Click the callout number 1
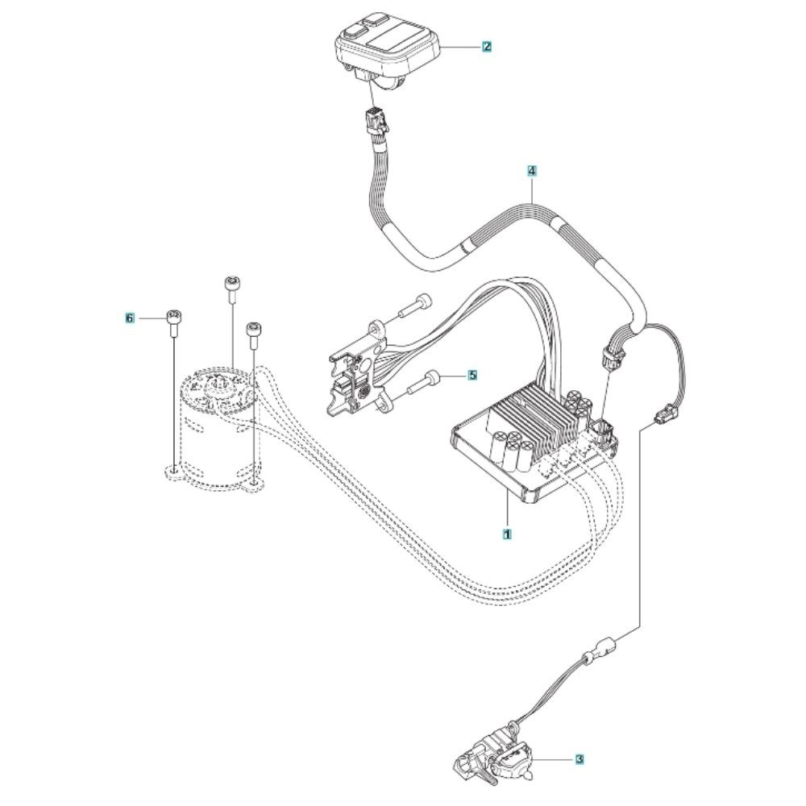(x=507, y=534)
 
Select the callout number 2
(x=487, y=47)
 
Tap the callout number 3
(x=580, y=758)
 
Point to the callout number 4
(x=532, y=171)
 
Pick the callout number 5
(x=472, y=376)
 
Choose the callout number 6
(x=130, y=318)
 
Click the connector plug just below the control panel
(x=376, y=120)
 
